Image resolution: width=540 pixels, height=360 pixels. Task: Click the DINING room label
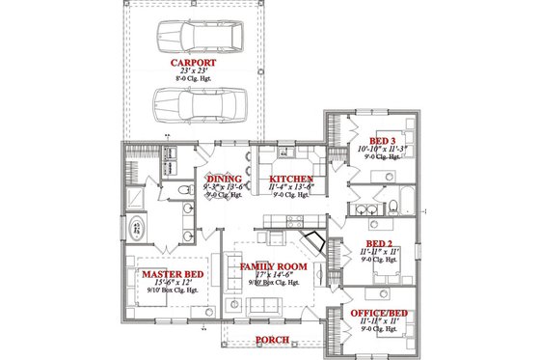pyautogui.click(x=224, y=179)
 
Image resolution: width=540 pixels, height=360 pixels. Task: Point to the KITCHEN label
pyautogui.click(x=290, y=179)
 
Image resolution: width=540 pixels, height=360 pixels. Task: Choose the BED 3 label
pyautogui.click(x=382, y=142)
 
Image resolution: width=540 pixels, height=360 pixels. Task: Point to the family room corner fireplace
pyautogui.click(x=311, y=240)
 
